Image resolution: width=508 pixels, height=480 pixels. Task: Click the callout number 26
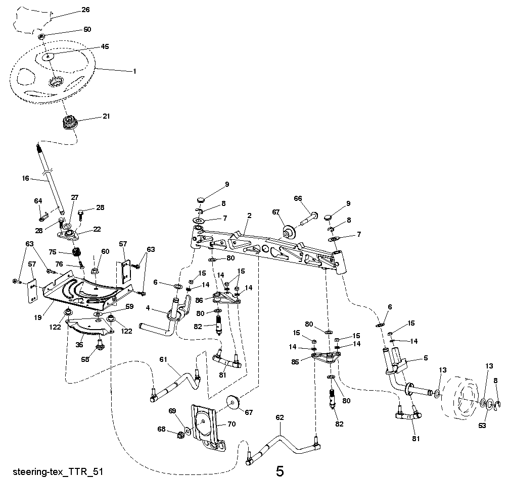85,9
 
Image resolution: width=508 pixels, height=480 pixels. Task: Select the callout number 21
106,116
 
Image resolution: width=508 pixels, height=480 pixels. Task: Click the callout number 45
105,46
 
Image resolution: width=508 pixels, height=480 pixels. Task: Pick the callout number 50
87,29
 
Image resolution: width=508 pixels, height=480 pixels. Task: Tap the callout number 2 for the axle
249,216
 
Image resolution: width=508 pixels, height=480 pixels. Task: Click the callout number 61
163,359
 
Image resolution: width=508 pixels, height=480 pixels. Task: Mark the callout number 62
280,417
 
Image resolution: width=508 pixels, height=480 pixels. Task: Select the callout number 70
232,424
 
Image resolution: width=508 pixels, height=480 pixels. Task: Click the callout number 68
162,430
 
